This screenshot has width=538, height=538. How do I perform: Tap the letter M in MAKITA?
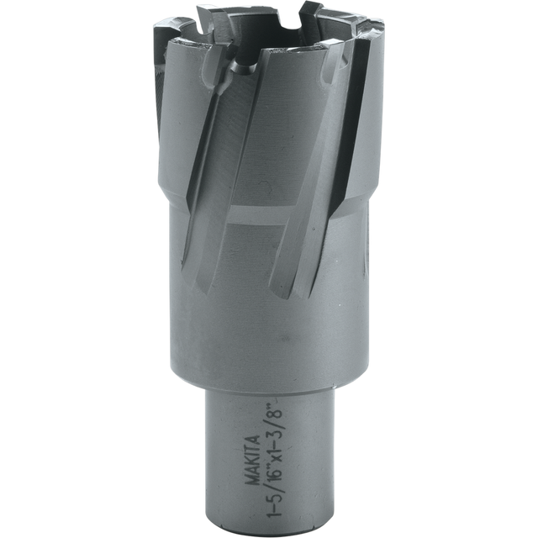(253, 480)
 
